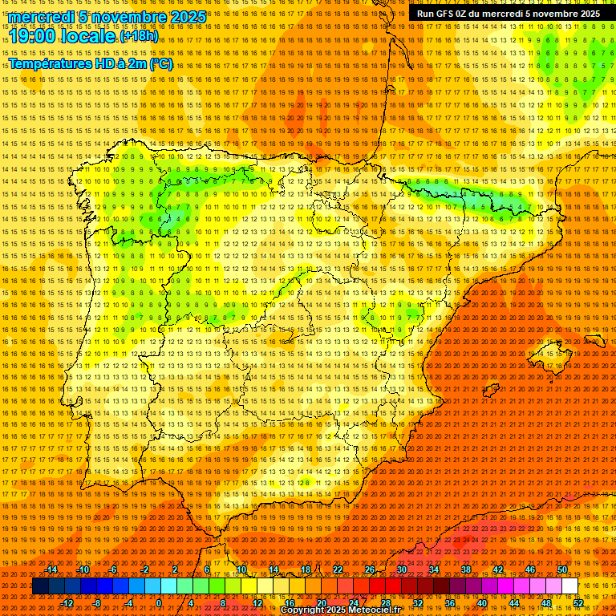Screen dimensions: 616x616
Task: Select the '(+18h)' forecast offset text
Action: [140, 36]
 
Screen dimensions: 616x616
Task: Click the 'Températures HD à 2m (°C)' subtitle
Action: [90, 64]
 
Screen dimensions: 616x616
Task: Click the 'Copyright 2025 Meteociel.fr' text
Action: [340, 610]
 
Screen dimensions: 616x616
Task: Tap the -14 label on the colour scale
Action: [53, 569]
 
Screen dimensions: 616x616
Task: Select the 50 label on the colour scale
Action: [561, 569]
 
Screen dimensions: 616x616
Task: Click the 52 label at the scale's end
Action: [577, 602]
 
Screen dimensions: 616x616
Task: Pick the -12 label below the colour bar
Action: [68, 602]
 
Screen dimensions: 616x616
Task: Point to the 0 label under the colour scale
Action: [159, 602]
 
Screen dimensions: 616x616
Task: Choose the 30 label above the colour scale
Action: [401, 569]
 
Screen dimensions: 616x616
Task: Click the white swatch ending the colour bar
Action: [569, 586]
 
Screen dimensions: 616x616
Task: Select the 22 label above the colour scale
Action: [337, 569]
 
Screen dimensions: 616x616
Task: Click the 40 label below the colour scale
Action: [482, 602]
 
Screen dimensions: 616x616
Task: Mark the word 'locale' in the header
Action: [90, 36]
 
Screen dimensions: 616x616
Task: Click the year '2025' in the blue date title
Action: [187, 17]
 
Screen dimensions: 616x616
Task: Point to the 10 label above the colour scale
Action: [241, 569]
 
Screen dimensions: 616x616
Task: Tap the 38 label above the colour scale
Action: [465, 569]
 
